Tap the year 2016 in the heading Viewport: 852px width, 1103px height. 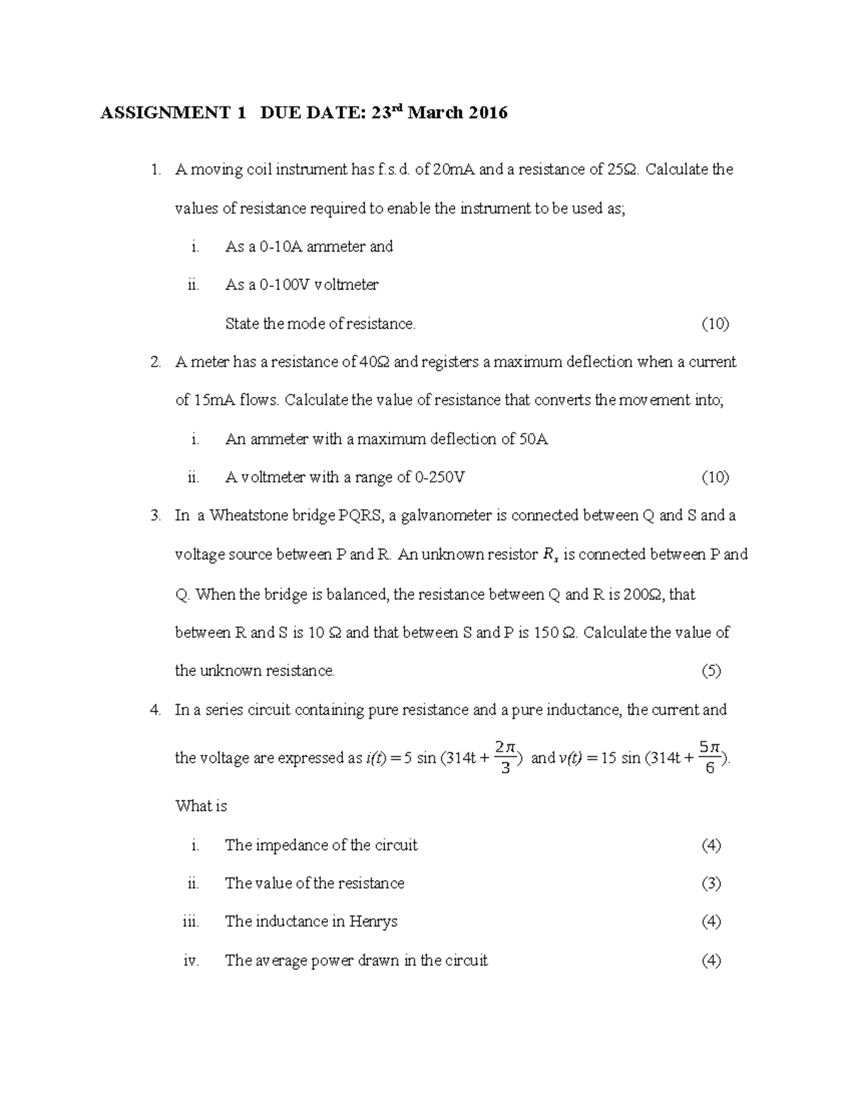488,113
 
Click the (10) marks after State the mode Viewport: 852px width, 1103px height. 715,324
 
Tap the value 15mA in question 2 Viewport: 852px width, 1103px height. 215,401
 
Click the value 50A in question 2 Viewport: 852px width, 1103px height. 533,439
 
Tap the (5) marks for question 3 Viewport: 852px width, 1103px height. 711,671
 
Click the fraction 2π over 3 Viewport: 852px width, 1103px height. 506,757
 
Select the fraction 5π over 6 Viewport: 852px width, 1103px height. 710,757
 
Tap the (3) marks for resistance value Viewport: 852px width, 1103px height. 711,884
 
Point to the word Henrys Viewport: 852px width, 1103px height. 373,922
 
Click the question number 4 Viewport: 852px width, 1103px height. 155,710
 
